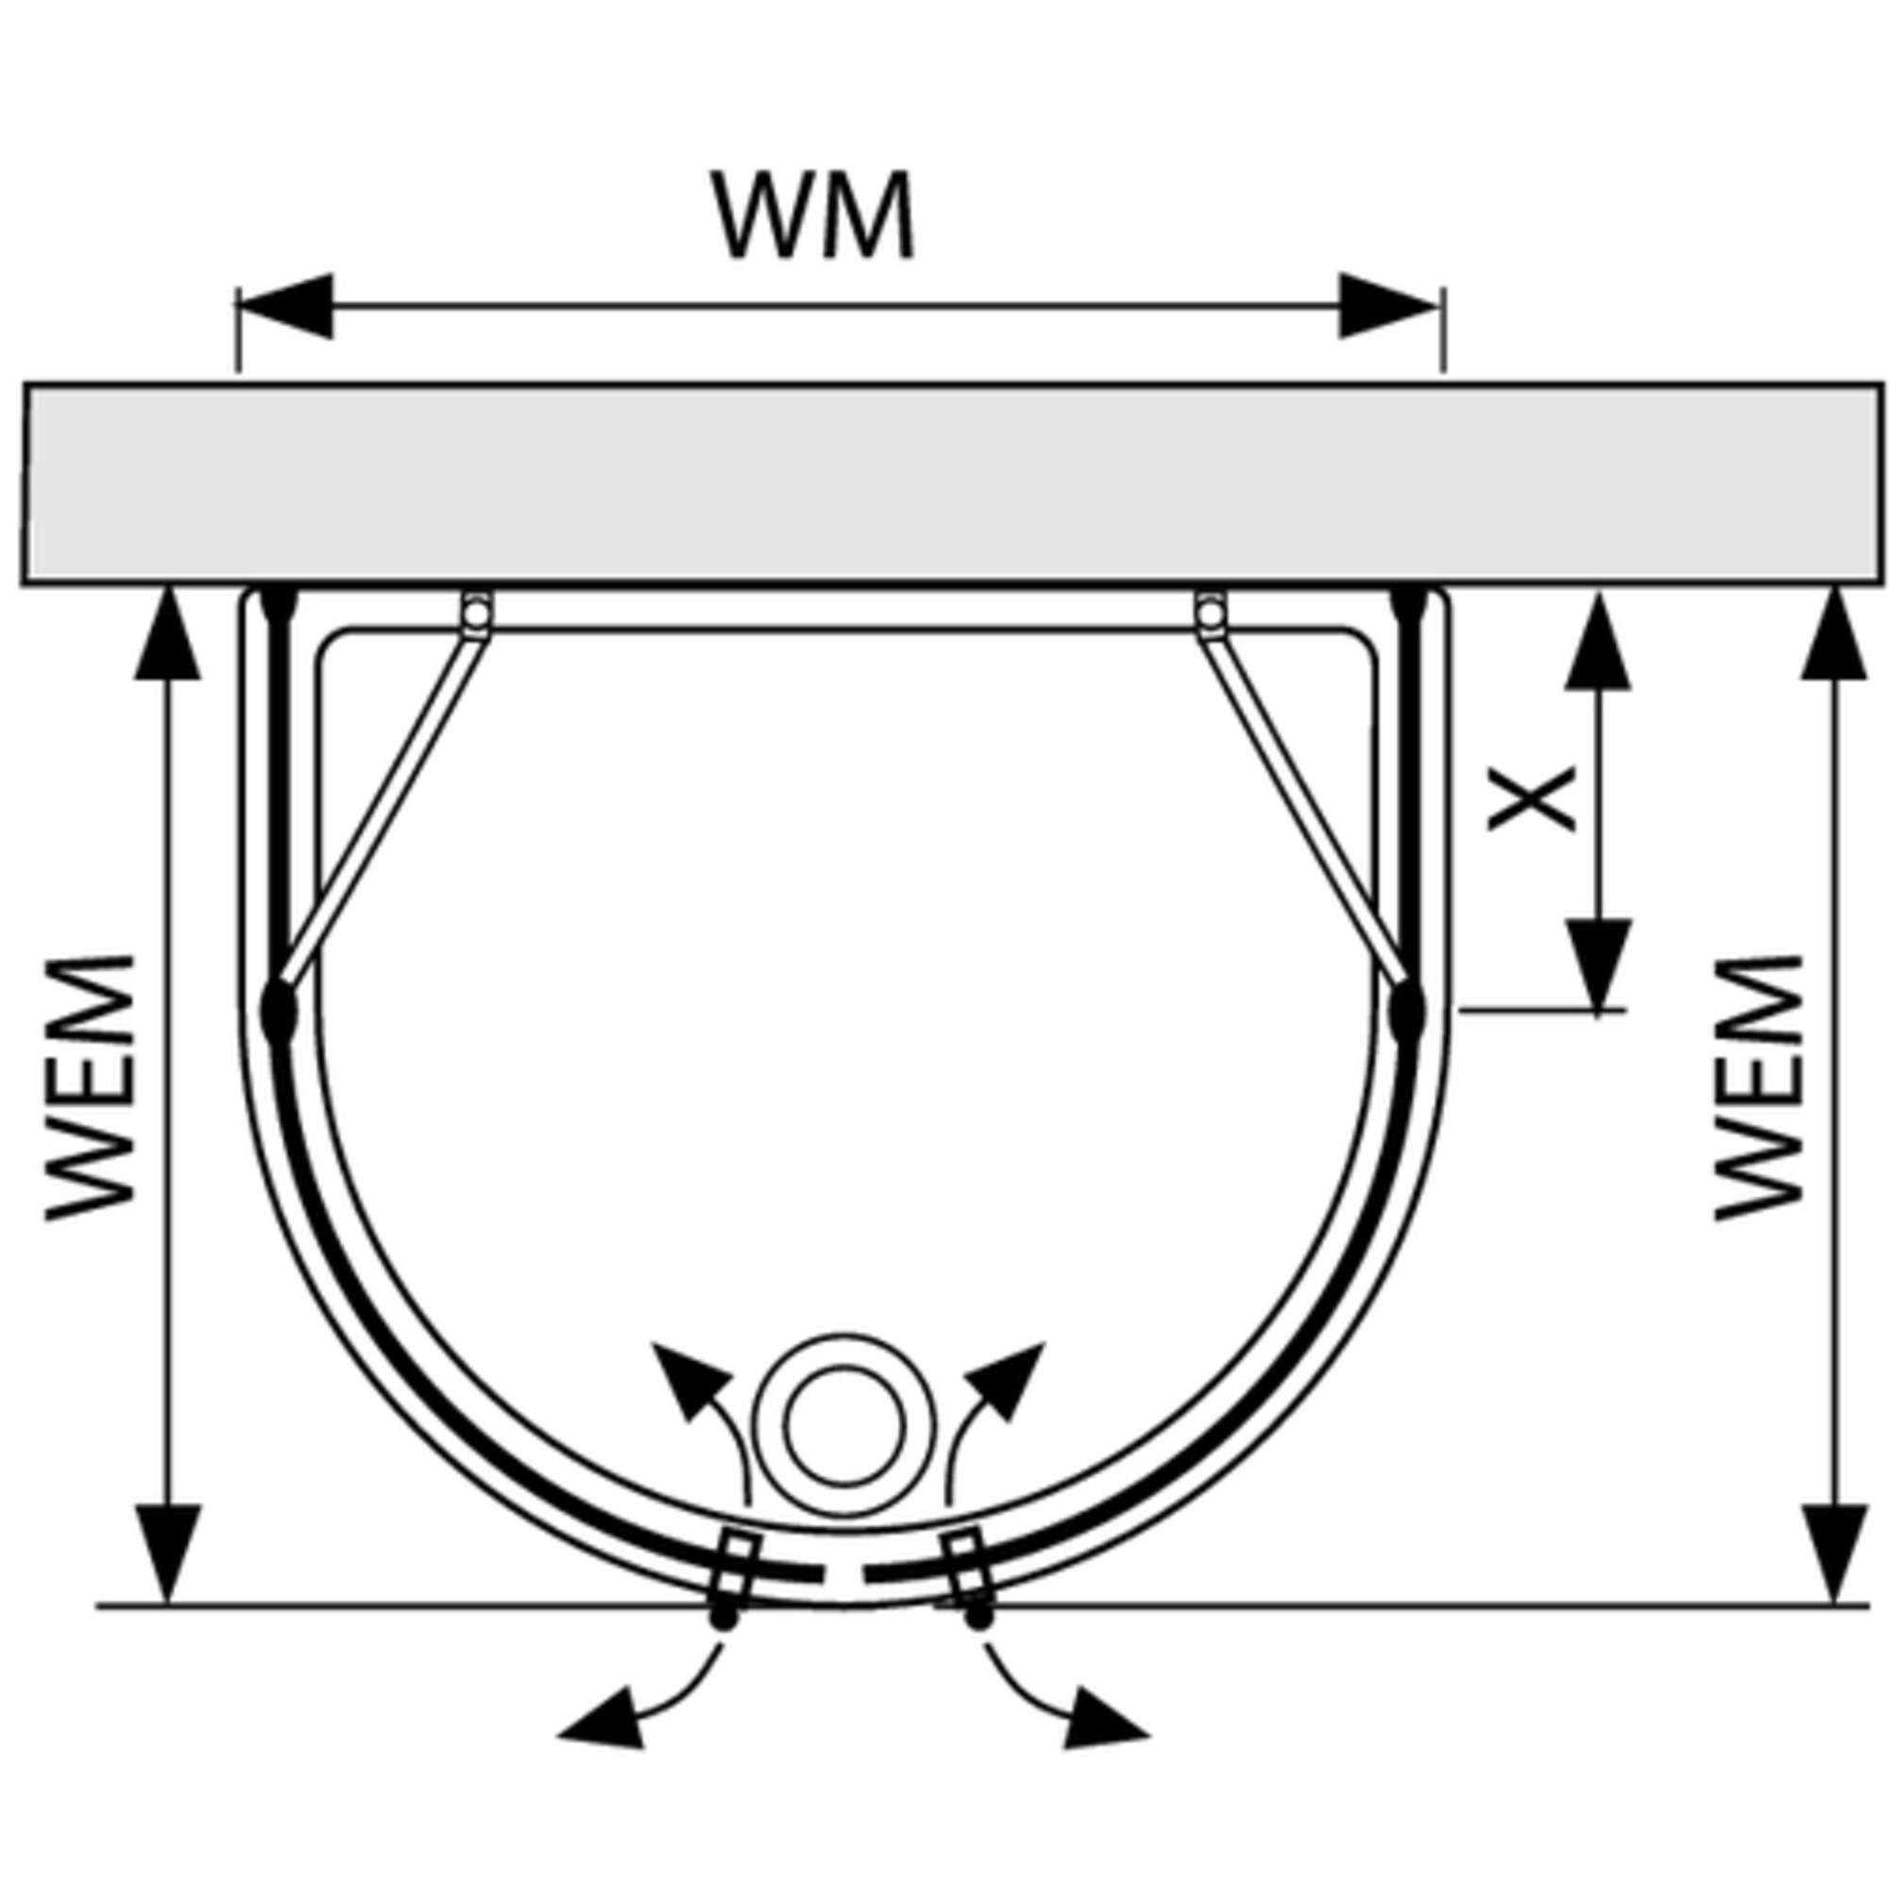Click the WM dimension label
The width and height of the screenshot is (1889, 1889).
pyautogui.click(x=813, y=216)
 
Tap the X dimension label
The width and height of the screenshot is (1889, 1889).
pyautogui.click(x=1531, y=799)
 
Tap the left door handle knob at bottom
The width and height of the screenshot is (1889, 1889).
pyautogui.click(x=723, y=1618)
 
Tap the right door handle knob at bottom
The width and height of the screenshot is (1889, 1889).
pyautogui.click(x=979, y=1618)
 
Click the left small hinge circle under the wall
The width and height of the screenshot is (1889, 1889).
pyautogui.click(x=475, y=613)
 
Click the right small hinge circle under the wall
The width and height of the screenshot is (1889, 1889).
pyautogui.click(x=1210, y=613)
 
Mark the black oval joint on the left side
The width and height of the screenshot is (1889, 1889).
pyautogui.click(x=279, y=1012)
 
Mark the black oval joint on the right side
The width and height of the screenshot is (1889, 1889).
pyautogui.click(x=1406, y=1012)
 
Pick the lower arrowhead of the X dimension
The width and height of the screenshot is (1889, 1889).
pyautogui.click(x=1598, y=963)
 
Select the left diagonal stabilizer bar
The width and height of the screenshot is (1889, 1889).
pyautogui.click(x=382, y=811)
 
